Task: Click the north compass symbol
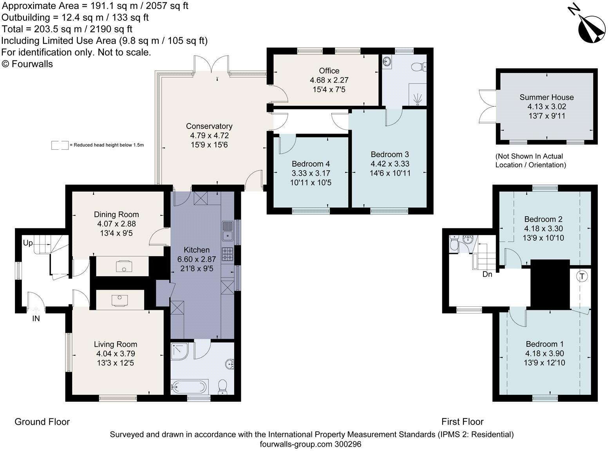[x=590, y=28]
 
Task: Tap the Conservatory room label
[x=209, y=126]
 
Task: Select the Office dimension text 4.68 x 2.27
[x=329, y=80]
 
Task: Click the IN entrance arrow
[x=36, y=310]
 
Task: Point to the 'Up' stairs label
[x=28, y=243]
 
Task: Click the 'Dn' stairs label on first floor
[x=487, y=274]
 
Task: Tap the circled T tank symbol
[x=582, y=276]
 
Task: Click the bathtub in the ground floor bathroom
[x=190, y=387]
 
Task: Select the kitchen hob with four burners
[x=227, y=254]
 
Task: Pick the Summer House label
[x=546, y=97]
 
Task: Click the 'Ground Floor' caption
[x=42, y=422]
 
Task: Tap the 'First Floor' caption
[x=462, y=422]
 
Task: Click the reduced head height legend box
[x=60, y=145]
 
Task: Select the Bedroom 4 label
[x=311, y=164]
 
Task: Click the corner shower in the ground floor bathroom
[x=179, y=351]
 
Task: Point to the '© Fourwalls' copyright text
[x=27, y=64]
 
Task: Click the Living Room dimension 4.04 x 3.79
[x=116, y=354]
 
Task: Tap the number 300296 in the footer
[x=348, y=444]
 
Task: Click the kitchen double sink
[x=227, y=231]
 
